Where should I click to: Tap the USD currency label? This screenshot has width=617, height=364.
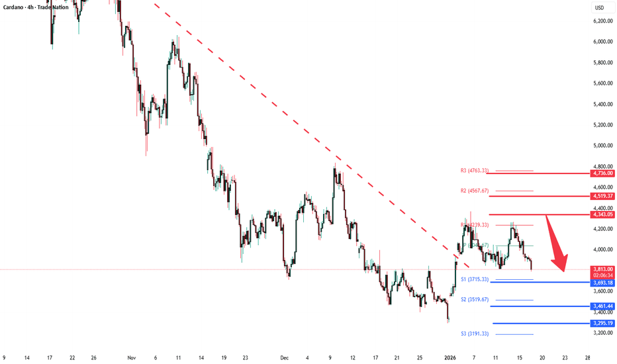600,8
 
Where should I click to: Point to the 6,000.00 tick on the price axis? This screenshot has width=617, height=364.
600,42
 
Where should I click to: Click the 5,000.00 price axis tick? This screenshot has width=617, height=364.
600,146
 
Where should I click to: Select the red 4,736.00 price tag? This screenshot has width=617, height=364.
600,173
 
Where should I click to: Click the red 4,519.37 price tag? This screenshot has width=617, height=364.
600,196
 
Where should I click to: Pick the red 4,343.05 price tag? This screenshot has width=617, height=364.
600,214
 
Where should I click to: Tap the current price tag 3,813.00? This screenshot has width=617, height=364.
600,269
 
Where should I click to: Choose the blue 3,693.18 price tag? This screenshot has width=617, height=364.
600,283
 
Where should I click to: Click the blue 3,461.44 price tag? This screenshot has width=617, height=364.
600,306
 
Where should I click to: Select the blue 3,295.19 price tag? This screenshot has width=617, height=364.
600,324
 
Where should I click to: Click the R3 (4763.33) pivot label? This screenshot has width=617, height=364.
475,170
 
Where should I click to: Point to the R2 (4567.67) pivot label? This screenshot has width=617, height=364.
475,191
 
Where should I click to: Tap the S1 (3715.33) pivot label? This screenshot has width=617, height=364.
475,279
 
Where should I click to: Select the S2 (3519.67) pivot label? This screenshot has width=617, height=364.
475,299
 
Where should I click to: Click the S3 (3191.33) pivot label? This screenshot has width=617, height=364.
475,333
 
